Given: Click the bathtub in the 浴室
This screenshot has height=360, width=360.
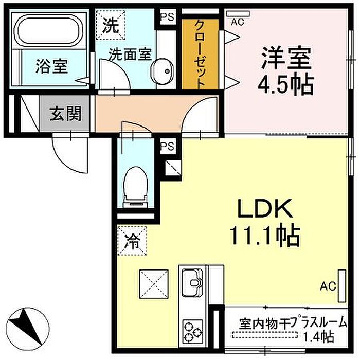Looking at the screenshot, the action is click(x=49, y=30).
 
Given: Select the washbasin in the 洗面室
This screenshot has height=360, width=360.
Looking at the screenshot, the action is click(x=162, y=71).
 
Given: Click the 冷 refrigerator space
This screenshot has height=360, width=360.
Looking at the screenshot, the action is click(x=132, y=241).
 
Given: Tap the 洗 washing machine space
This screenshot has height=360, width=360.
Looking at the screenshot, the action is click(x=111, y=25).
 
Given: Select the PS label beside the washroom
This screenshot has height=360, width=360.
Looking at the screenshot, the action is click(x=167, y=17).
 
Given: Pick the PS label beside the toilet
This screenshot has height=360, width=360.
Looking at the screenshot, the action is click(x=167, y=146).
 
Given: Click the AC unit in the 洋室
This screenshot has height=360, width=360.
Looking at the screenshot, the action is click(x=238, y=13).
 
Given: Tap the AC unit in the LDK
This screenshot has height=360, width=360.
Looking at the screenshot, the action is click(x=342, y=285).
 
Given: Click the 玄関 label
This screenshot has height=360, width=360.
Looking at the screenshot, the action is click(x=66, y=114).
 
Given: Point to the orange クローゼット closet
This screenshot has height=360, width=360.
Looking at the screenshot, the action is click(x=200, y=54).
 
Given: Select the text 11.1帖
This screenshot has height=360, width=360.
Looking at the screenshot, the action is click(x=265, y=237).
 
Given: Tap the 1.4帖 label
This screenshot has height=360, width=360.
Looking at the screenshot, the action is click(x=319, y=336).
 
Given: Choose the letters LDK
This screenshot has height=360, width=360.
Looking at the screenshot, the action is click(x=265, y=208).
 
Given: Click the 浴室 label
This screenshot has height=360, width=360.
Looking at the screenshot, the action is click(x=51, y=66).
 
